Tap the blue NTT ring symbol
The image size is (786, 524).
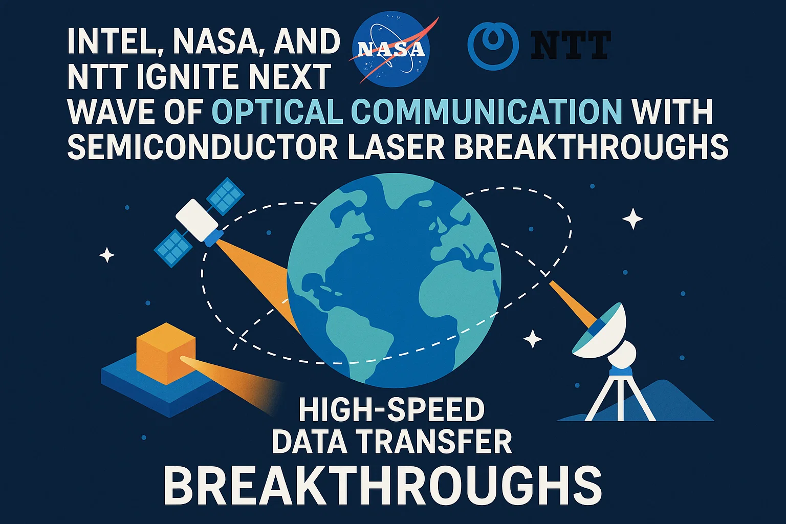coord(493,45)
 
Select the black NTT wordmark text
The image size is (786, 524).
coord(571,45)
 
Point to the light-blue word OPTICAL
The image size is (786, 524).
coord(277,111)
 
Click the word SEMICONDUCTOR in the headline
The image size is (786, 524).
coord(202,146)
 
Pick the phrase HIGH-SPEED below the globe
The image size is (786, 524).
coord(391,409)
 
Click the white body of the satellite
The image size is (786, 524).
coord(196,219)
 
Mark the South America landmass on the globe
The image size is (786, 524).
coord(358,327)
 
